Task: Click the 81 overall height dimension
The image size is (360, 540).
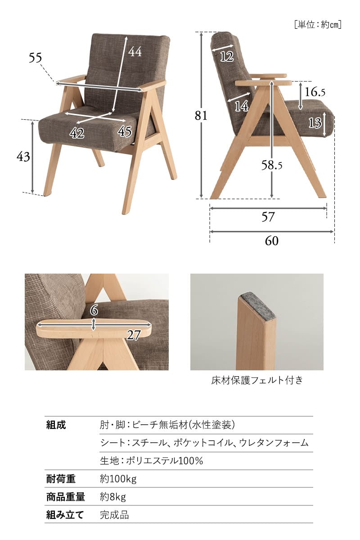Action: (201, 116)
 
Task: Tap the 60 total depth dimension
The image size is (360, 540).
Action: (271, 241)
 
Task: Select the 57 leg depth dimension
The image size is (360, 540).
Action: (268, 217)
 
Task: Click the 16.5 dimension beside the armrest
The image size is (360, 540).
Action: (315, 92)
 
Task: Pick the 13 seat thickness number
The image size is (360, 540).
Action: (315, 122)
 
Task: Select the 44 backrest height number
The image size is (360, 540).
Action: (135, 52)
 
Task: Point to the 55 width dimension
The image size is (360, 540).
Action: (35, 58)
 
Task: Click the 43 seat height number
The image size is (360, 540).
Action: (23, 157)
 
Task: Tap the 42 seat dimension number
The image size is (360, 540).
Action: (77, 133)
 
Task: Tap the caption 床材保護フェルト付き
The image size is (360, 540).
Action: (257, 380)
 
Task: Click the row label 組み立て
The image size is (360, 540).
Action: (65, 515)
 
